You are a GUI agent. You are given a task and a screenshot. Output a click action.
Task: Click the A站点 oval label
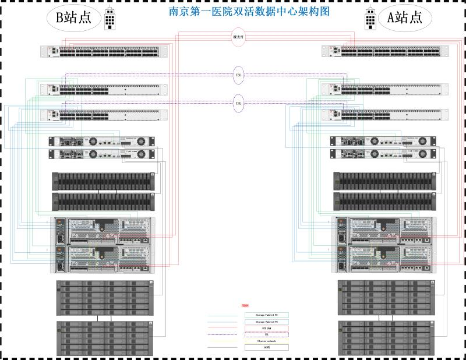405,18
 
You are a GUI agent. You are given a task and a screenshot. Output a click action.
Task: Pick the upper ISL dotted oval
238,74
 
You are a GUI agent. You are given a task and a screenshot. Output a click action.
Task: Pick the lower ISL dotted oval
238,103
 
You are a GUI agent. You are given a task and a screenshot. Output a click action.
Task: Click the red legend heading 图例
245,306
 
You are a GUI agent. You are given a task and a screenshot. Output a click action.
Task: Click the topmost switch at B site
104,51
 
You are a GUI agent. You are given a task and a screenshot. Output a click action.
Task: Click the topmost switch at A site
386,51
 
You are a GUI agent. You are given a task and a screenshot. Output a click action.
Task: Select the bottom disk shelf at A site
386,338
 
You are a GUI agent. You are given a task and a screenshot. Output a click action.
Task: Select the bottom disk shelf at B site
105,338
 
